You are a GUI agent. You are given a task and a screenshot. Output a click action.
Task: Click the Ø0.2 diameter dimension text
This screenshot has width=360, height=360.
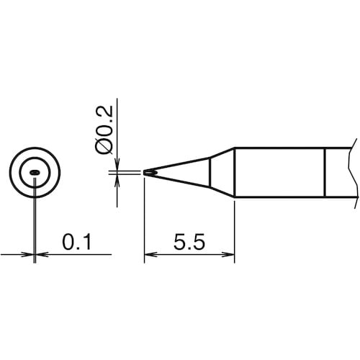(x=104, y=130)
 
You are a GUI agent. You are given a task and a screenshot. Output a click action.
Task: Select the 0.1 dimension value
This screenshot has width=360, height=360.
(x=77, y=242)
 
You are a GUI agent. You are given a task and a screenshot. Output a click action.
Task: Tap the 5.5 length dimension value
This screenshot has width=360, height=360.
(x=189, y=242)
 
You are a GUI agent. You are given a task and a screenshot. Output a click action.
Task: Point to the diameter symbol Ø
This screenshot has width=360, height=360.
(x=104, y=147)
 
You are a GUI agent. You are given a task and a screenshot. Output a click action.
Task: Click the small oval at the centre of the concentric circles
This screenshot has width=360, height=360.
(x=35, y=172)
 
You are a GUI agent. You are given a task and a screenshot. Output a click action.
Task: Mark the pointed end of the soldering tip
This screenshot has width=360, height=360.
(x=144, y=173)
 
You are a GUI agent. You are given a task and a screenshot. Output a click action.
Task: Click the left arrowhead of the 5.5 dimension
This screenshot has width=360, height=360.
(x=150, y=254)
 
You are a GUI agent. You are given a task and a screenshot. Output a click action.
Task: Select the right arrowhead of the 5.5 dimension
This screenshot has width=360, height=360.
(x=228, y=254)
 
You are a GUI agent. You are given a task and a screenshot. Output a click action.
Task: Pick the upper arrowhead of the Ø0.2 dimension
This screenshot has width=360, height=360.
(x=117, y=164)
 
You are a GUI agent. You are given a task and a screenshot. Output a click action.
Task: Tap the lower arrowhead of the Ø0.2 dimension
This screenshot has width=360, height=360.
(x=117, y=181)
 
